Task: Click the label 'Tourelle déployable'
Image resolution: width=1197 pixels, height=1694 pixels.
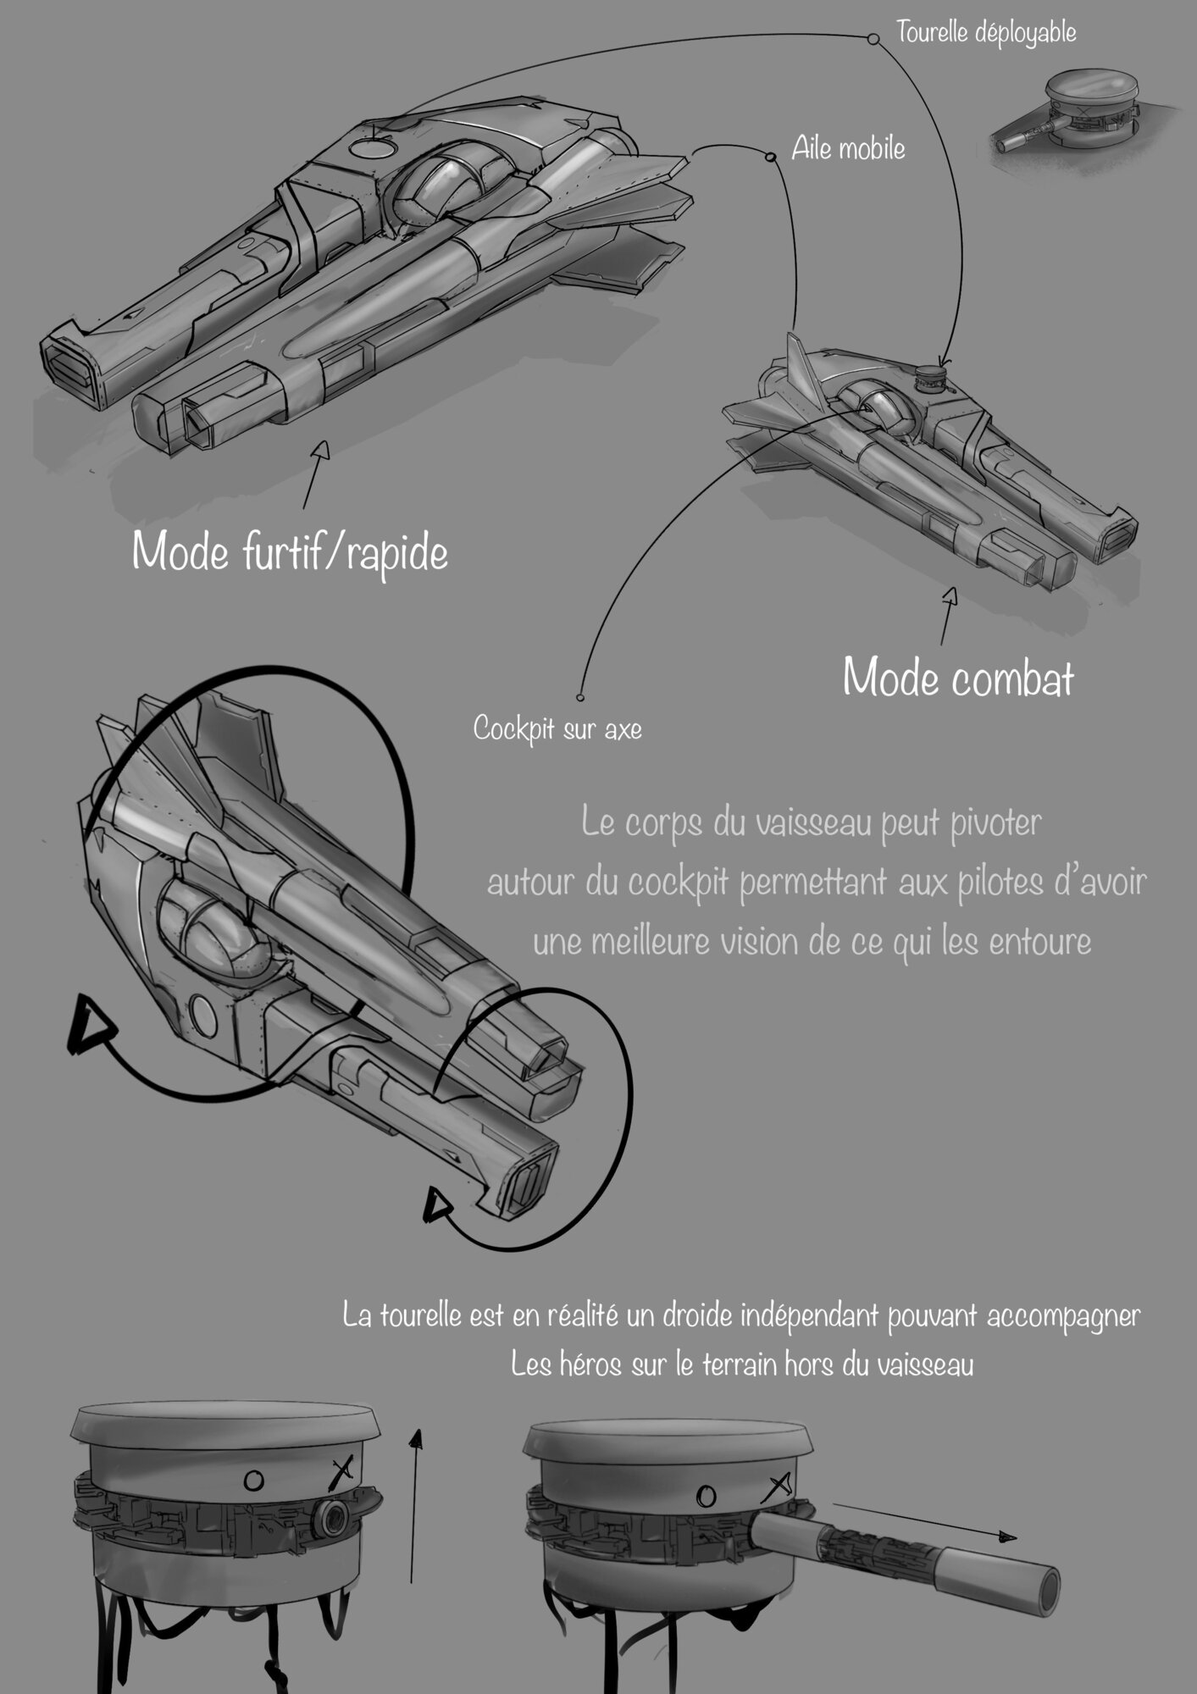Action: (x=986, y=33)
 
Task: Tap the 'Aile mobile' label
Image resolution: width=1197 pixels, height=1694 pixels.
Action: (x=848, y=149)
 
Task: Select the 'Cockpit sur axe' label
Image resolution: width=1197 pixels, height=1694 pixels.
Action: (x=557, y=728)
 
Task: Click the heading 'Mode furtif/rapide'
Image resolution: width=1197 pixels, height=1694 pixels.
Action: (x=290, y=552)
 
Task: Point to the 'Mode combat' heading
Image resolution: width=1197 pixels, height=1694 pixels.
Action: (x=958, y=678)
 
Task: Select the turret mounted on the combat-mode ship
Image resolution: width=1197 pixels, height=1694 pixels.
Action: (x=931, y=378)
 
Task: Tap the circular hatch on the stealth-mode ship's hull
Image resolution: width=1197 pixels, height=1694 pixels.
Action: (x=373, y=150)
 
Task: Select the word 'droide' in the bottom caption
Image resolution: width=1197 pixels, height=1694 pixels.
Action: (x=683, y=1316)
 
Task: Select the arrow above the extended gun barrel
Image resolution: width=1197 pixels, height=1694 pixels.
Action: (x=923, y=1520)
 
